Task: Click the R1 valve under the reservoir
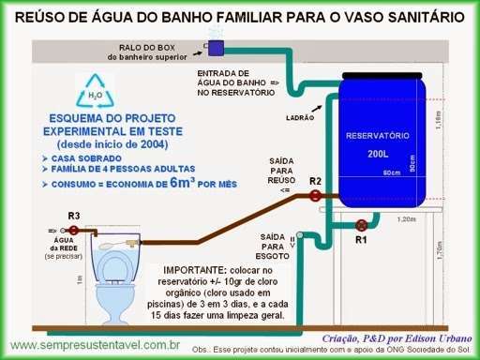(x=361, y=224)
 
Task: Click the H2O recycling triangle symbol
(x=96, y=95)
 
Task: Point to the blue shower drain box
(x=215, y=46)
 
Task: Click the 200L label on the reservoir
(x=378, y=153)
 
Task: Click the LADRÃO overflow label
(x=298, y=118)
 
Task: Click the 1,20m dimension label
(x=406, y=219)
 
